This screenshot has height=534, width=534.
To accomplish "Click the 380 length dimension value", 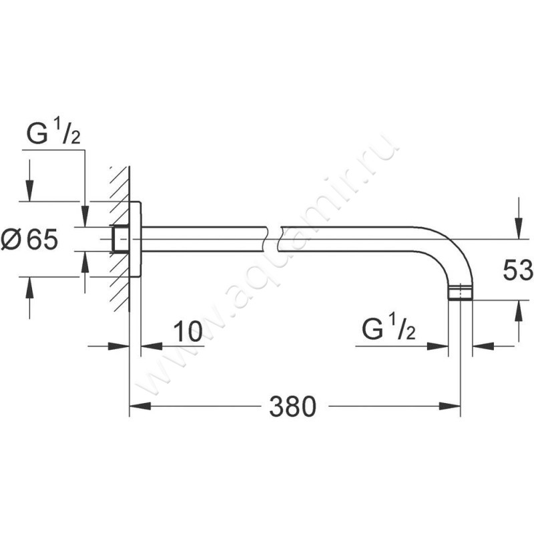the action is [292, 407].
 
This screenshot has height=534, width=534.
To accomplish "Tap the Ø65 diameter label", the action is [29, 239].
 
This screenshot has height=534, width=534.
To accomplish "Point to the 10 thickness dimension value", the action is [188, 331].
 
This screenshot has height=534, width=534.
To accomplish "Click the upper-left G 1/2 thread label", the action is [53, 133].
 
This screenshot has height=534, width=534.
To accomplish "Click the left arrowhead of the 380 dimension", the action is [140, 407].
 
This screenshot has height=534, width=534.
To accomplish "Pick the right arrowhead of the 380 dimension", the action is [449, 407].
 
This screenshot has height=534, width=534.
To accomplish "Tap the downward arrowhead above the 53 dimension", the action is [518, 229].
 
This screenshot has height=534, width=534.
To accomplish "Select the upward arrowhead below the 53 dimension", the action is [518, 310].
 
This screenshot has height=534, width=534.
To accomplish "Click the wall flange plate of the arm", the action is [136, 239].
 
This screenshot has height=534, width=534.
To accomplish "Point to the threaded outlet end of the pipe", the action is [460, 294].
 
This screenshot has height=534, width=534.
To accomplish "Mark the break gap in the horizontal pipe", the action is [272, 239].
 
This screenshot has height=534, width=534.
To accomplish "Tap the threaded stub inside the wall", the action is [121, 239].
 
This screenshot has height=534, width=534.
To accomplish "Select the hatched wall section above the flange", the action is [120, 184].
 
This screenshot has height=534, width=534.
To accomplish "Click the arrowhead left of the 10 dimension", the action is [119, 346].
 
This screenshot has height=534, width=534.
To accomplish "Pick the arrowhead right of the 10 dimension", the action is [152, 346].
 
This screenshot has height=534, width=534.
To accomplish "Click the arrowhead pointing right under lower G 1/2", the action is [438, 346].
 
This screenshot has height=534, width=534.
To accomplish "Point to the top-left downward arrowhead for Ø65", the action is [30, 191].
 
